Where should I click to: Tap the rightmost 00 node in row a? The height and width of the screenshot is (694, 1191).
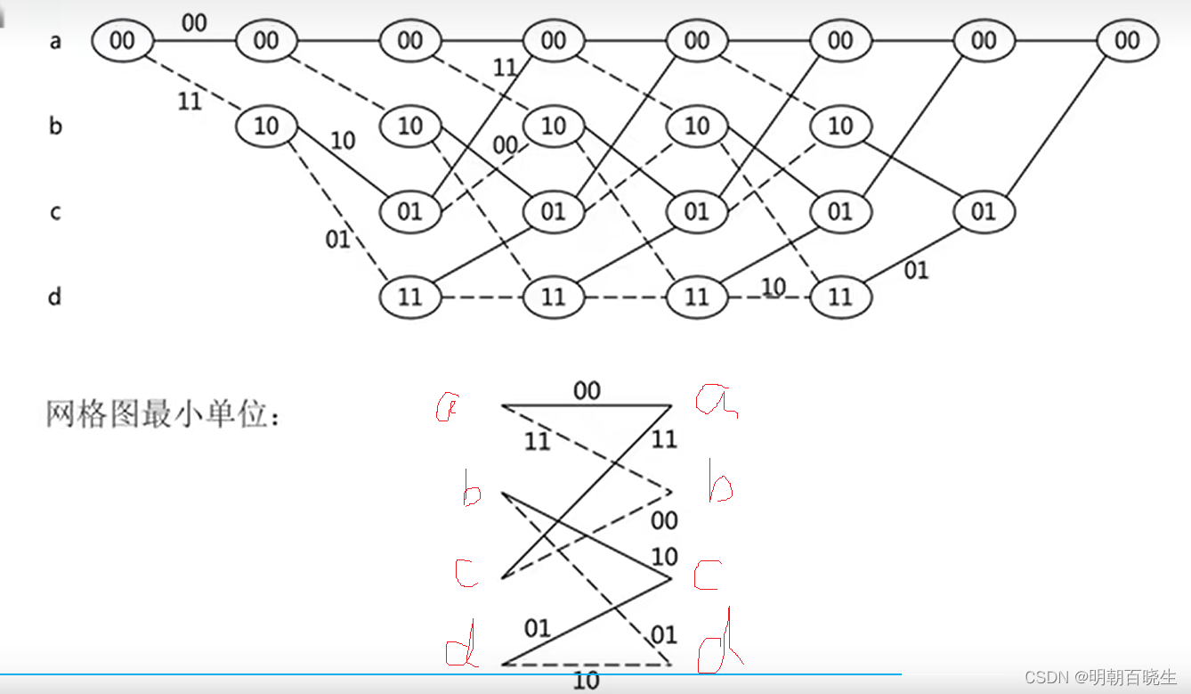tap(1127, 40)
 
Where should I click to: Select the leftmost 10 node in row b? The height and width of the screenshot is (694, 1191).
tap(266, 126)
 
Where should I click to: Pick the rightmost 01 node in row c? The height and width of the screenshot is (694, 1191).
tap(983, 211)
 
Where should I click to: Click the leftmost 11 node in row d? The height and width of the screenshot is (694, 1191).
tap(409, 297)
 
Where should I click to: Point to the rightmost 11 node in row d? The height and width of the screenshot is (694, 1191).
tap(839, 297)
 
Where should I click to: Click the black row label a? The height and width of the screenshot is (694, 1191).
tap(55, 40)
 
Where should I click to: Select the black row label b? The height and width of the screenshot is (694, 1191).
tap(55, 126)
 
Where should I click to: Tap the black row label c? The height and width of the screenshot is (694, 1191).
tap(55, 212)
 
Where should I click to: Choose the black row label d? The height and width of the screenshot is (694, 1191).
tap(55, 296)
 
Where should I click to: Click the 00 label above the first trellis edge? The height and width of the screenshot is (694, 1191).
tap(194, 22)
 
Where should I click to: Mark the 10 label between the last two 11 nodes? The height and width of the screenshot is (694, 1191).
tap(773, 286)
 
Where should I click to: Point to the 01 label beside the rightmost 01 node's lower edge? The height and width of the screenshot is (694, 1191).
tap(916, 270)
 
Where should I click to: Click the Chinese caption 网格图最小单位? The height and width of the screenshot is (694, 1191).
tap(163, 414)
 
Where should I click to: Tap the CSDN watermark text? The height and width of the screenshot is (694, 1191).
tap(1100, 677)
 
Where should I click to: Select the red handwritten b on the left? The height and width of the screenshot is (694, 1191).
tap(471, 490)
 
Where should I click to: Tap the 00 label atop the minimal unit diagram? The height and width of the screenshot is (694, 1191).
tap(587, 390)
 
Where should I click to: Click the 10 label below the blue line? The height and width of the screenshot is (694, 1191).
tap(587, 682)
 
